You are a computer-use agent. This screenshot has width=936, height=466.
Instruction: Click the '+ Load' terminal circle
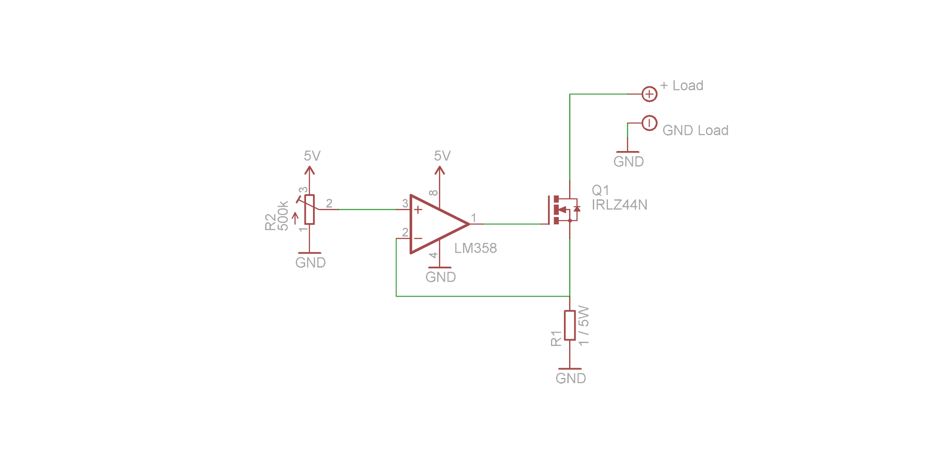coord(649,94)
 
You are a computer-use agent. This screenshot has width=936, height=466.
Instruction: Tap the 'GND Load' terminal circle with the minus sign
coord(649,123)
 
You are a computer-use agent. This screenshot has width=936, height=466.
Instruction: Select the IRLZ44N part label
coord(619,205)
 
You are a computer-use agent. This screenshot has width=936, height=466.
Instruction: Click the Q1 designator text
coord(600,190)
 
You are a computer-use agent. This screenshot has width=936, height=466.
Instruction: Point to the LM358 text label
coord(476,248)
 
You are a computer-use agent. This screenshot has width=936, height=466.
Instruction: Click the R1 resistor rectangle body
coord(570,325)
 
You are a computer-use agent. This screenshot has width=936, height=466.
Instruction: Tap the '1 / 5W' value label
coord(583,326)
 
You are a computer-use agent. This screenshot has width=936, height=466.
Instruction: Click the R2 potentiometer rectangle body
coord(309,210)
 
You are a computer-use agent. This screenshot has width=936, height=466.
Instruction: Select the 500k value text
coord(283,216)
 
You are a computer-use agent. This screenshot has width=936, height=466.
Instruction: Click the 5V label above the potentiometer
coord(312,156)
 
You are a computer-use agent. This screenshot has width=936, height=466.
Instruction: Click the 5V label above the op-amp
coord(442,156)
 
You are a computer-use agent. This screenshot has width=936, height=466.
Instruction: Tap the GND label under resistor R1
coord(570,378)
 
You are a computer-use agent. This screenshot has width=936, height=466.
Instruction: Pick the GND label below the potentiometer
coord(310,263)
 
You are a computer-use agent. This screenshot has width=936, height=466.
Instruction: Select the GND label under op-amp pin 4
coord(441,277)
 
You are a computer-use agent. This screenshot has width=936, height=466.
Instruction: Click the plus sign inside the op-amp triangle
coord(418,210)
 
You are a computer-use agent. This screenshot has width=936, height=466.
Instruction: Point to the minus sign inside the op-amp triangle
coord(418,239)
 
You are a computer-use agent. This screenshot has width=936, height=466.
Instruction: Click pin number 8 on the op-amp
coord(434,193)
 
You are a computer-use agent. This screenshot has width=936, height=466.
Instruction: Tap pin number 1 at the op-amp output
coord(473,218)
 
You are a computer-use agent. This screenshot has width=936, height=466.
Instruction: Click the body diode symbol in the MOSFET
coord(576,209)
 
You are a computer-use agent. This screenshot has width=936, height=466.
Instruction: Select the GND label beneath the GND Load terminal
coord(629,162)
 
